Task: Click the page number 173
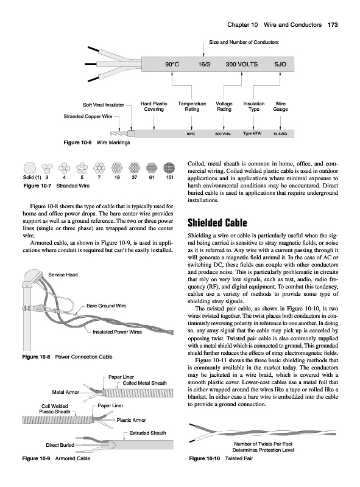coord(333,25)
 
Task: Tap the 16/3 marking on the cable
coord(204,65)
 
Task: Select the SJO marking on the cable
coord(280,65)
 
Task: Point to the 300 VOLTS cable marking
coord(242,65)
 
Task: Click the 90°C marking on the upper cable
coord(172,65)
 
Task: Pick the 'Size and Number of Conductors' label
coord(244,42)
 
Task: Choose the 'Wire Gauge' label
coord(280,107)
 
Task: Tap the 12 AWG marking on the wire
coord(280,134)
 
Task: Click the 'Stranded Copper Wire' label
coord(88,116)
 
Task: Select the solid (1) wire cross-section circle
coord(29,168)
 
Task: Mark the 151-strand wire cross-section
coord(169,168)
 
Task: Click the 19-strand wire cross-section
coord(117,168)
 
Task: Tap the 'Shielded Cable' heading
coord(217,223)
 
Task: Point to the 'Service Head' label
coord(63,275)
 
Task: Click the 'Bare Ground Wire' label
coord(107,306)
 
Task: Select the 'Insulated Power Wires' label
coord(117,332)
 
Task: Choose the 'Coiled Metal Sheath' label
coord(144,383)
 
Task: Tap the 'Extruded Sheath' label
coord(147,433)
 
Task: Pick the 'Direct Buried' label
coord(60,445)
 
